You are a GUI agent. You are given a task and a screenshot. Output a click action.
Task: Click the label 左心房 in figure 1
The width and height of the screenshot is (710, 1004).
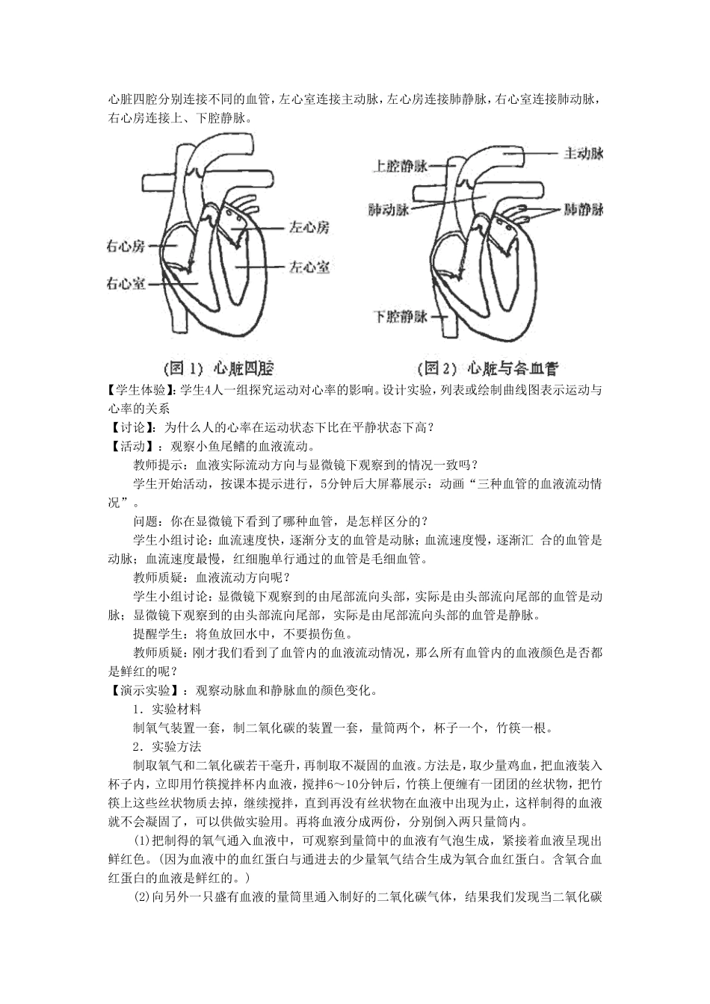tap(309, 226)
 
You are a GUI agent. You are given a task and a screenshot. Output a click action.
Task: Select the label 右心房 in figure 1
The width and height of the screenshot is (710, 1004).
tap(126, 247)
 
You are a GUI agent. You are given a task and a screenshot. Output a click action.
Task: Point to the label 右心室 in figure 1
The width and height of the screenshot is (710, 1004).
tap(126, 284)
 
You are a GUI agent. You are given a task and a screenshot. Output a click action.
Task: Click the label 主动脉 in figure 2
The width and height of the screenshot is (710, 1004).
tap(583, 153)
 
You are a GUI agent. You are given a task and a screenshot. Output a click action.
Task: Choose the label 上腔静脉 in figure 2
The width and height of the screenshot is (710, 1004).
tap(401, 166)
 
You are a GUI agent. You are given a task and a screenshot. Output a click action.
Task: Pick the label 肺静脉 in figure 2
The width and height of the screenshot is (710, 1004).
tap(584, 209)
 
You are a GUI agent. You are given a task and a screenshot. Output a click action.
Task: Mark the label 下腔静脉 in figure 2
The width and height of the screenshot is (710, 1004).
tap(401, 316)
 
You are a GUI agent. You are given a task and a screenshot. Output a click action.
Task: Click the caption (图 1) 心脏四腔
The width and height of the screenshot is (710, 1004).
tap(218, 368)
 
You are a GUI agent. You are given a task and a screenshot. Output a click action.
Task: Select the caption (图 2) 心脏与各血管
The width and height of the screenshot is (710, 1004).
tap(487, 368)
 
